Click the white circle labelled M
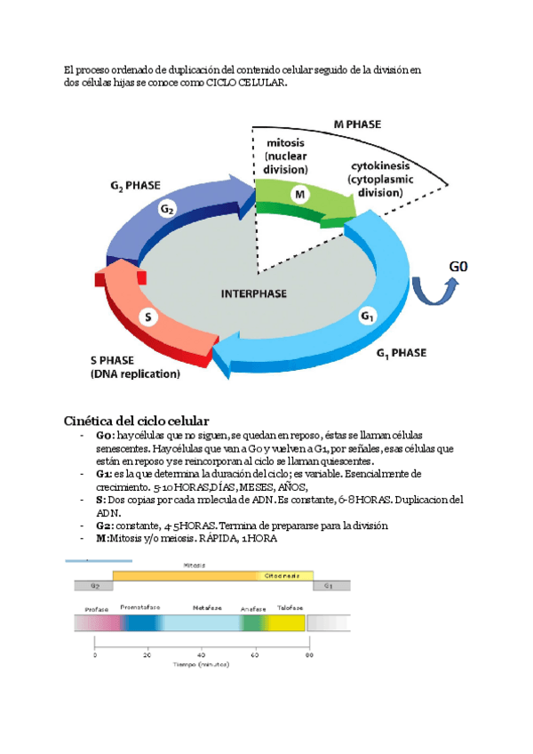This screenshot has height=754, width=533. pos(299,193)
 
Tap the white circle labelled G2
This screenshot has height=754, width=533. pos(167,209)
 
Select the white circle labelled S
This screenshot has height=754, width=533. pos(148,317)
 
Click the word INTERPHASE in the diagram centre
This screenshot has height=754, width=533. pos(259,292)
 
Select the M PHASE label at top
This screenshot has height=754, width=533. pos(357,124)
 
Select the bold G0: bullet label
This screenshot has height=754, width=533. pos(105,437)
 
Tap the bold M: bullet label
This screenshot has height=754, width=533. pos(103,539)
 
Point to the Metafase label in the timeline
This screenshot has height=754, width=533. pos(207,607)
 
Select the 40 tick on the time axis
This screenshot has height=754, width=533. pos(202,654)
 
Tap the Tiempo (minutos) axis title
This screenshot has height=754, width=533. pos(201,664)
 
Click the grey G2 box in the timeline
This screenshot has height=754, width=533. pos(93,586)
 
